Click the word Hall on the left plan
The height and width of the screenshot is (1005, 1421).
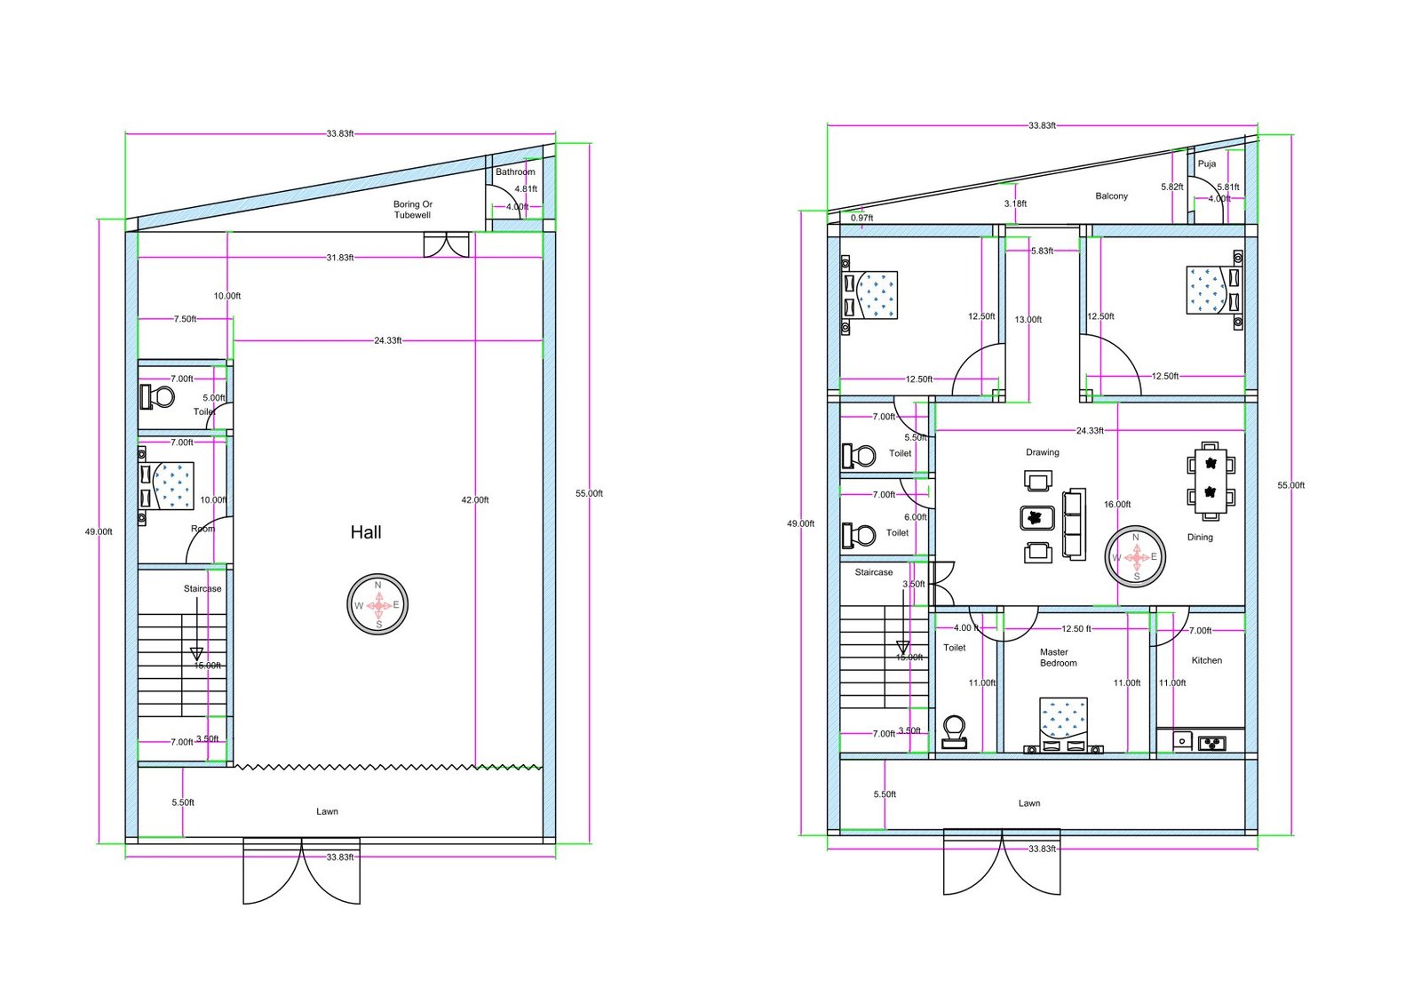366,532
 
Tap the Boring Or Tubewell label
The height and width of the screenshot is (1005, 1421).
413,210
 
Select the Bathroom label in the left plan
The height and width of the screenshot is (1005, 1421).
515,171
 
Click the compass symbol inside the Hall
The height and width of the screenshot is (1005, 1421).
377,604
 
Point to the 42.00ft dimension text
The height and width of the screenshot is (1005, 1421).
475,500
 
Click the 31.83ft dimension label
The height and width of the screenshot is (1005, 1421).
339,258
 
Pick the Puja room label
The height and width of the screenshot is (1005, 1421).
1207,164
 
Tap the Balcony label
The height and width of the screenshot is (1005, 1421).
1111,196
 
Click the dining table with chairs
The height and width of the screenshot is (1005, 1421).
1211,479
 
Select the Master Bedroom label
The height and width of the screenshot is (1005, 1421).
1058,658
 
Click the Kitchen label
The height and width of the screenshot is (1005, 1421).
1206,660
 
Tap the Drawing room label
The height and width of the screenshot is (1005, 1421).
1042,452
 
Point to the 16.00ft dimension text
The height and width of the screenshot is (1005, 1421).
1117,505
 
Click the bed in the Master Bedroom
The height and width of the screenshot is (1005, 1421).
1063,722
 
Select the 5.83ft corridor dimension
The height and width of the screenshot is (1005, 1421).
1042,251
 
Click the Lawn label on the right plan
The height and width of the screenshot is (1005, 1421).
1028,803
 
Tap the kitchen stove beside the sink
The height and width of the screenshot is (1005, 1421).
1211,742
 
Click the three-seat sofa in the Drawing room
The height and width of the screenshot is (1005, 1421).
1075,524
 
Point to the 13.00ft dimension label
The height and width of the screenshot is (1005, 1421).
1028,320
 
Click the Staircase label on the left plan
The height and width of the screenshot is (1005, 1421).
202,589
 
